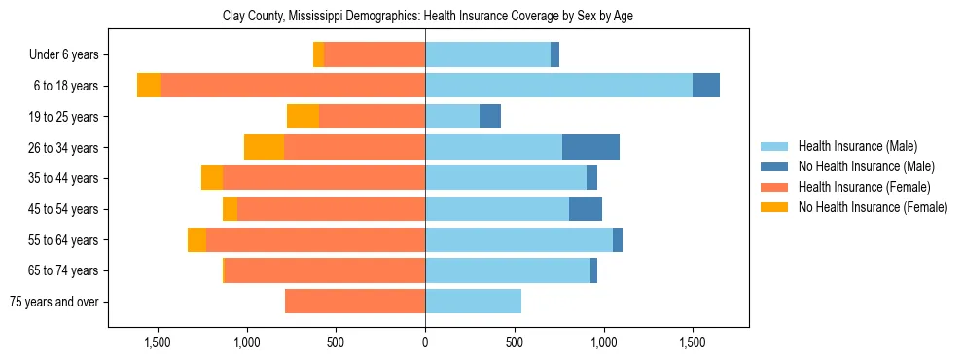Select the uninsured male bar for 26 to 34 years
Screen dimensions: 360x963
coord(590,147)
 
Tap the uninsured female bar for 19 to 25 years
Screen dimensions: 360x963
coord(303,117)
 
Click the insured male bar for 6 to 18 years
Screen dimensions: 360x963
coord(558,86)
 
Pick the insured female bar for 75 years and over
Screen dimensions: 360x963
coord(355,302)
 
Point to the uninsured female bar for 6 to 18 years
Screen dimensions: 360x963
coord(149,86)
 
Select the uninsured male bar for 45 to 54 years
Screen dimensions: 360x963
coord(586,209)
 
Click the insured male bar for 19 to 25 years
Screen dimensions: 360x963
coord(452,117)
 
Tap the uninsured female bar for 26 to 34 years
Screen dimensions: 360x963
coord(264,147)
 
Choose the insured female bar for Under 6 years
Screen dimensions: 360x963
coord(374,54)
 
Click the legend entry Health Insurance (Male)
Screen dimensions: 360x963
coord(857,146)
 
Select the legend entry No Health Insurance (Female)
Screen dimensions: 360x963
coord(873,207)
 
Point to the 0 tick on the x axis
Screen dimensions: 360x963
coord(425,342)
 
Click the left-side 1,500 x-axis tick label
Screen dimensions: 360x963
coord(158,342)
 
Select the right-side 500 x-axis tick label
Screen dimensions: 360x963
coord(515,342)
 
